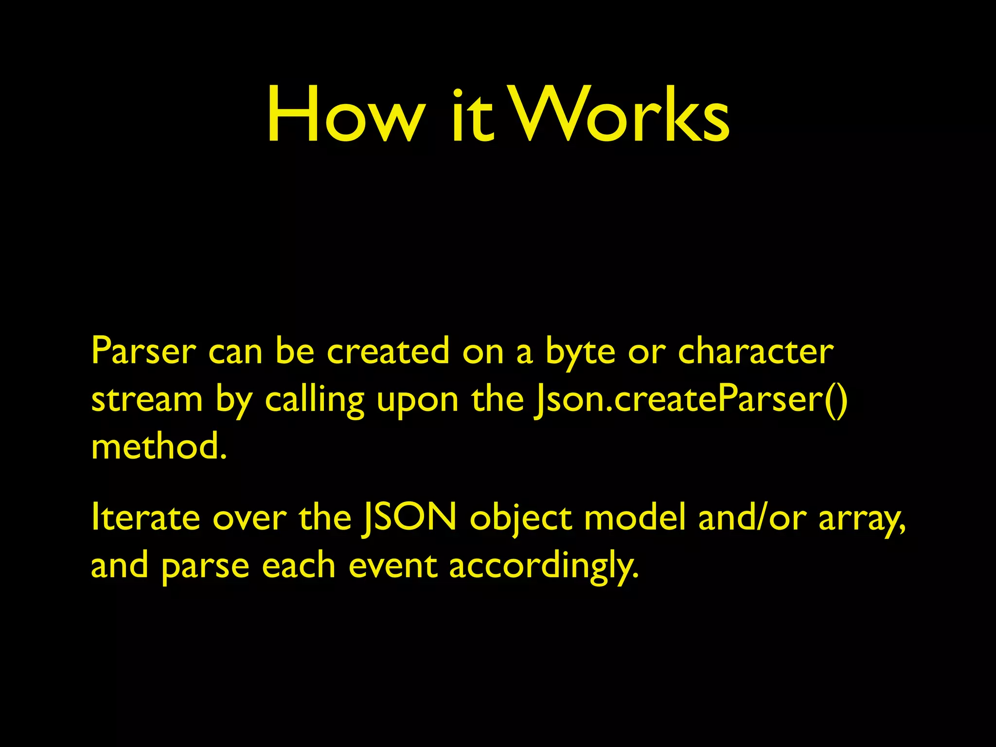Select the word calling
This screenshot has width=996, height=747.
(314, 401)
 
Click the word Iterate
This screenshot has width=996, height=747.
(145, 517)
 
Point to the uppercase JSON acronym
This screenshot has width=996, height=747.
(409, 517)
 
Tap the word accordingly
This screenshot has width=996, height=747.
(542, 567)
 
